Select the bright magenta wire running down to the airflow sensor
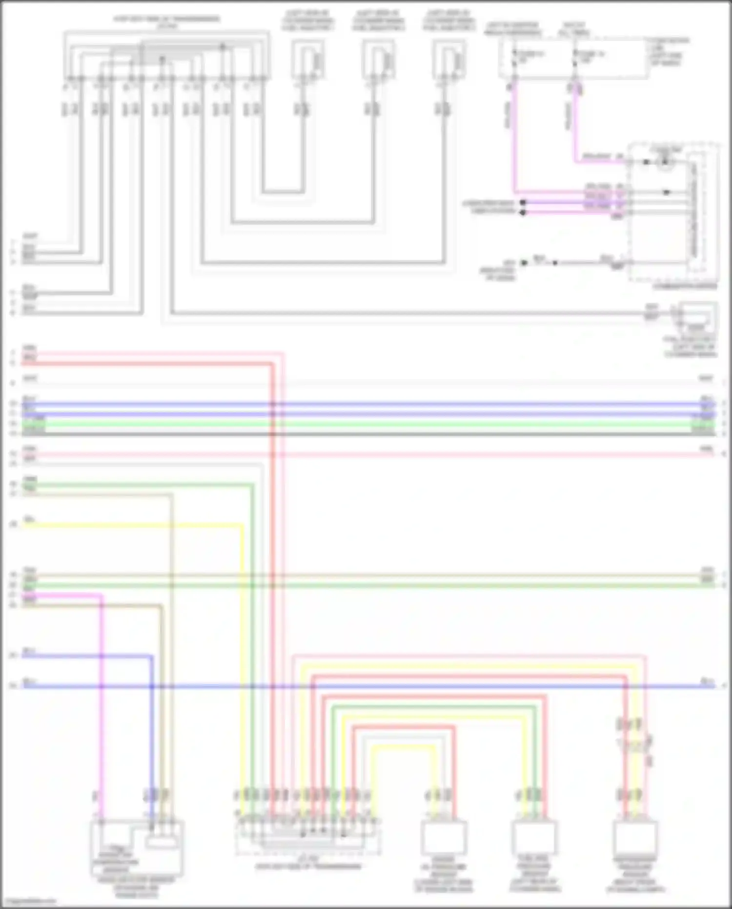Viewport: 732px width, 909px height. coord(102,708)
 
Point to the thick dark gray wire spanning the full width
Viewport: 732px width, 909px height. coord(366,434)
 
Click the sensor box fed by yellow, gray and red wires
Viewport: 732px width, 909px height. coord(444,837)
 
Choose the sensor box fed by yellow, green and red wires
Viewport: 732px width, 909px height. coord(534,837)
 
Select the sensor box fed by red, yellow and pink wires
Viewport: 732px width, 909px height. coord(635,837)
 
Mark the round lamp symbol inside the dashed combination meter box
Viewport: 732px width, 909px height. coord(664,162)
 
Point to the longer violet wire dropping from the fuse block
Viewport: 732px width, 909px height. coord(513,142)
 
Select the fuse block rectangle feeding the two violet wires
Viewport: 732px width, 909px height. coord(573,59)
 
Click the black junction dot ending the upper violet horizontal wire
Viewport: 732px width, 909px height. coord(523,202)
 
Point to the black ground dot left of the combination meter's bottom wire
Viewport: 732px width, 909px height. coord(524,263)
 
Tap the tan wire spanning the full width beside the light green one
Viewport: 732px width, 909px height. coord(366,576)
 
